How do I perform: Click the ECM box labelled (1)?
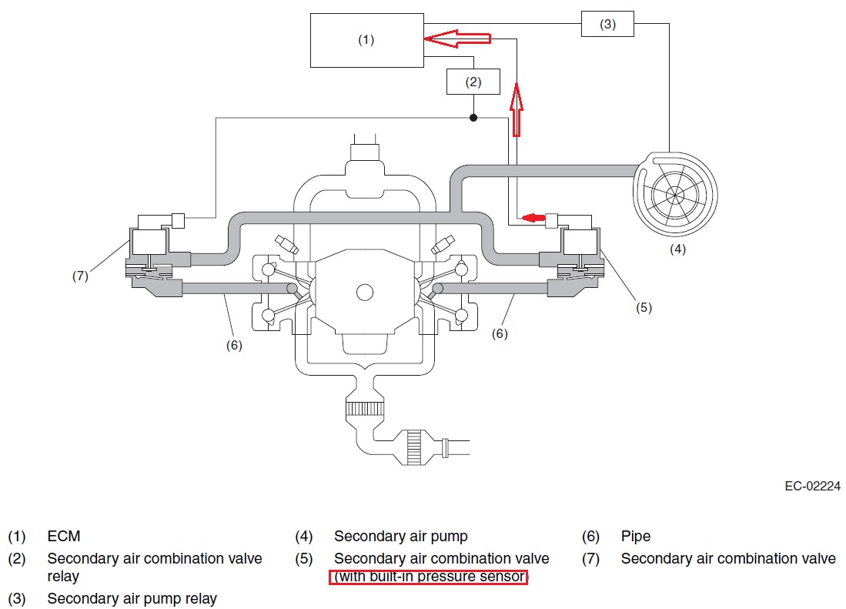point(367,41)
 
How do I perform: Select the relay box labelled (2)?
point(473,82)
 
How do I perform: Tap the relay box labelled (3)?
point(607,24)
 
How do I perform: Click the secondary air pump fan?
point(675,194)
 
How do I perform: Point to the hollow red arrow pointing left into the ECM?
point(457,38)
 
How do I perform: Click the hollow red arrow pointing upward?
point(517,109)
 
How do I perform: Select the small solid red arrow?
point(533,218)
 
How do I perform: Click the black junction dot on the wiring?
point(473,118)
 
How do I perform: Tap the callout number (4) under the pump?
point(677,249)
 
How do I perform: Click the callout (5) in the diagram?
point(644,307)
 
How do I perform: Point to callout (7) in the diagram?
point(80,276)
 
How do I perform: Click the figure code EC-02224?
point(813,486)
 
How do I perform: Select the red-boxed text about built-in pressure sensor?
point(429,577)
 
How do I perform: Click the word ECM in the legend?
point(64,536)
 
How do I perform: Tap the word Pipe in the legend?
point(636,537)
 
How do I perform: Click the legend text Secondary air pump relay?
point(132,599)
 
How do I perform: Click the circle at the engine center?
point(366,293)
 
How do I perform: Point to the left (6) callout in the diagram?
point(234,345)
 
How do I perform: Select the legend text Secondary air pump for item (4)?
point(401,537)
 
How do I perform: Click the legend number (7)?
point(590,559)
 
